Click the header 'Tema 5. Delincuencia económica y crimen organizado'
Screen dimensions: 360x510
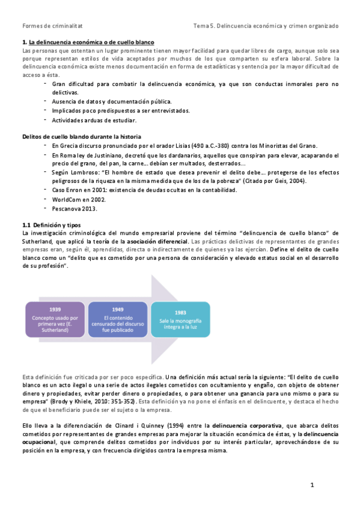[266, 26]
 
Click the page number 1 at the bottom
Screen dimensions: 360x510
[313, 485]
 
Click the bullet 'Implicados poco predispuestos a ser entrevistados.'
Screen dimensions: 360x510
[121, 111]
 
